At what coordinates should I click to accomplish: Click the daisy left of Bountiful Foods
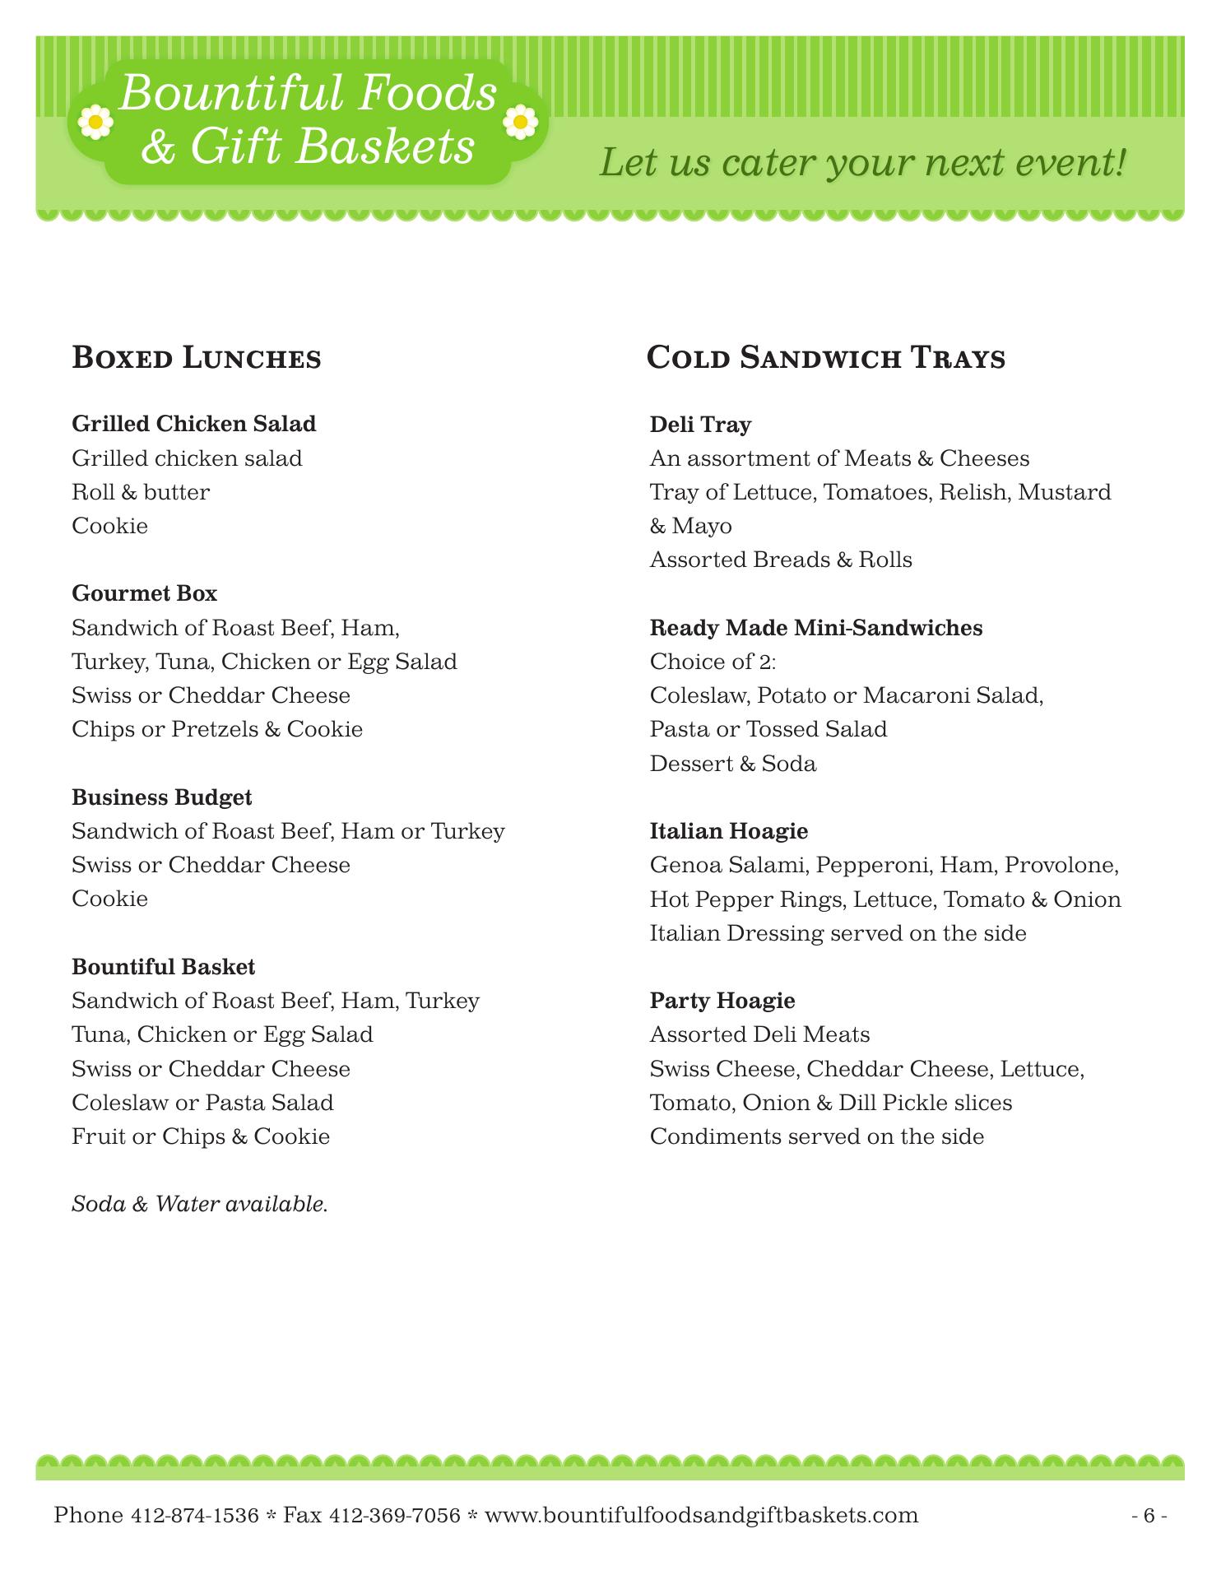[95, 122]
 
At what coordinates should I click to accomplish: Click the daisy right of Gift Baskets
[520, 123]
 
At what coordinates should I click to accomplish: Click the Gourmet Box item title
[145, 593]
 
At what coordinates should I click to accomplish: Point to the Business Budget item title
[162, 797]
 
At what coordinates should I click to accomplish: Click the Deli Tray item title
[700, 425]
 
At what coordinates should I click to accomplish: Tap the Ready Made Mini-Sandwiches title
[816, 628]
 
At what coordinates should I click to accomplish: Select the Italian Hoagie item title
[729, 831]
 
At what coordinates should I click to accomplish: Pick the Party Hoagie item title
[722, 1001]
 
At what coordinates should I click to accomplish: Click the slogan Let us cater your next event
[861, 162]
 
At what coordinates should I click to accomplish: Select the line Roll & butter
[142, 492]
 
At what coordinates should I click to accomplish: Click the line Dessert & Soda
[733, 764]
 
